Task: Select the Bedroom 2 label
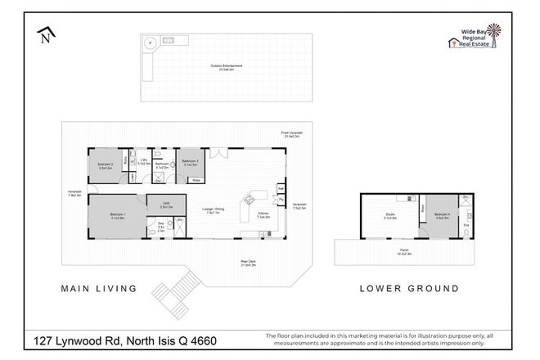[x=105, y=166]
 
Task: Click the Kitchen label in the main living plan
[x=263, y=215]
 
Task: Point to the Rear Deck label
[x=249, y=263]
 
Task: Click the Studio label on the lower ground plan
[x=390, y=216]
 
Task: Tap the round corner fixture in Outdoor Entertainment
[x=150, y=43]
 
